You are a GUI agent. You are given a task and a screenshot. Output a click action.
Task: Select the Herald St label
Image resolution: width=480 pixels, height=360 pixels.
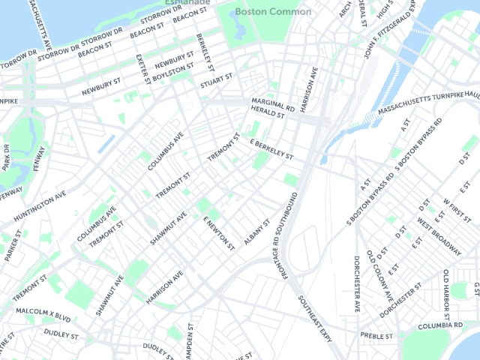268,115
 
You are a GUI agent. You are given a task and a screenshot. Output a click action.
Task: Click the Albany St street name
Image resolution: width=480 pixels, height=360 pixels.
256,235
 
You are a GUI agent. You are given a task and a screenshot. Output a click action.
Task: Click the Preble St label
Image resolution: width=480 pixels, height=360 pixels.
376,336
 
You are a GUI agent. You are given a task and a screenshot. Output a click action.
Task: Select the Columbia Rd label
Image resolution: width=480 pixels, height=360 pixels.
439,326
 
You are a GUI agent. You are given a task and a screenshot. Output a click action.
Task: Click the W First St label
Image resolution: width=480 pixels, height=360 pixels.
457,213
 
